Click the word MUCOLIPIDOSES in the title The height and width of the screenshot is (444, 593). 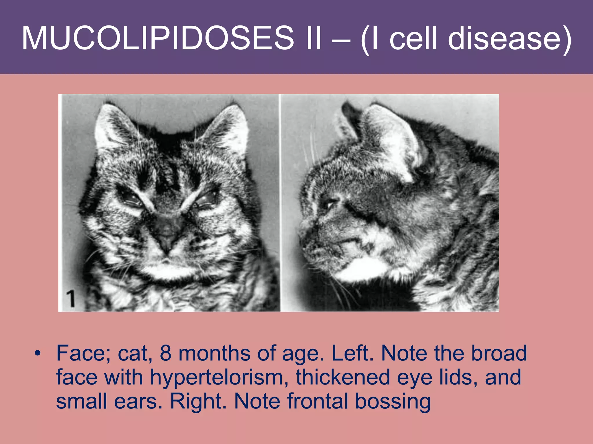[x=158, y=38]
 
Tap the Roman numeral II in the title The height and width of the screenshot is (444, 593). [x=314, y=38]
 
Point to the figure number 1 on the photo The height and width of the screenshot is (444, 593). [x=70, y=299]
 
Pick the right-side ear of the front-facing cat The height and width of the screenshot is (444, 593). [x=229, y=127]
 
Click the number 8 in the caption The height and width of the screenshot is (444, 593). [x=166, y=353]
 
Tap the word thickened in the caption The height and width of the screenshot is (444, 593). [x=343, y=377]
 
